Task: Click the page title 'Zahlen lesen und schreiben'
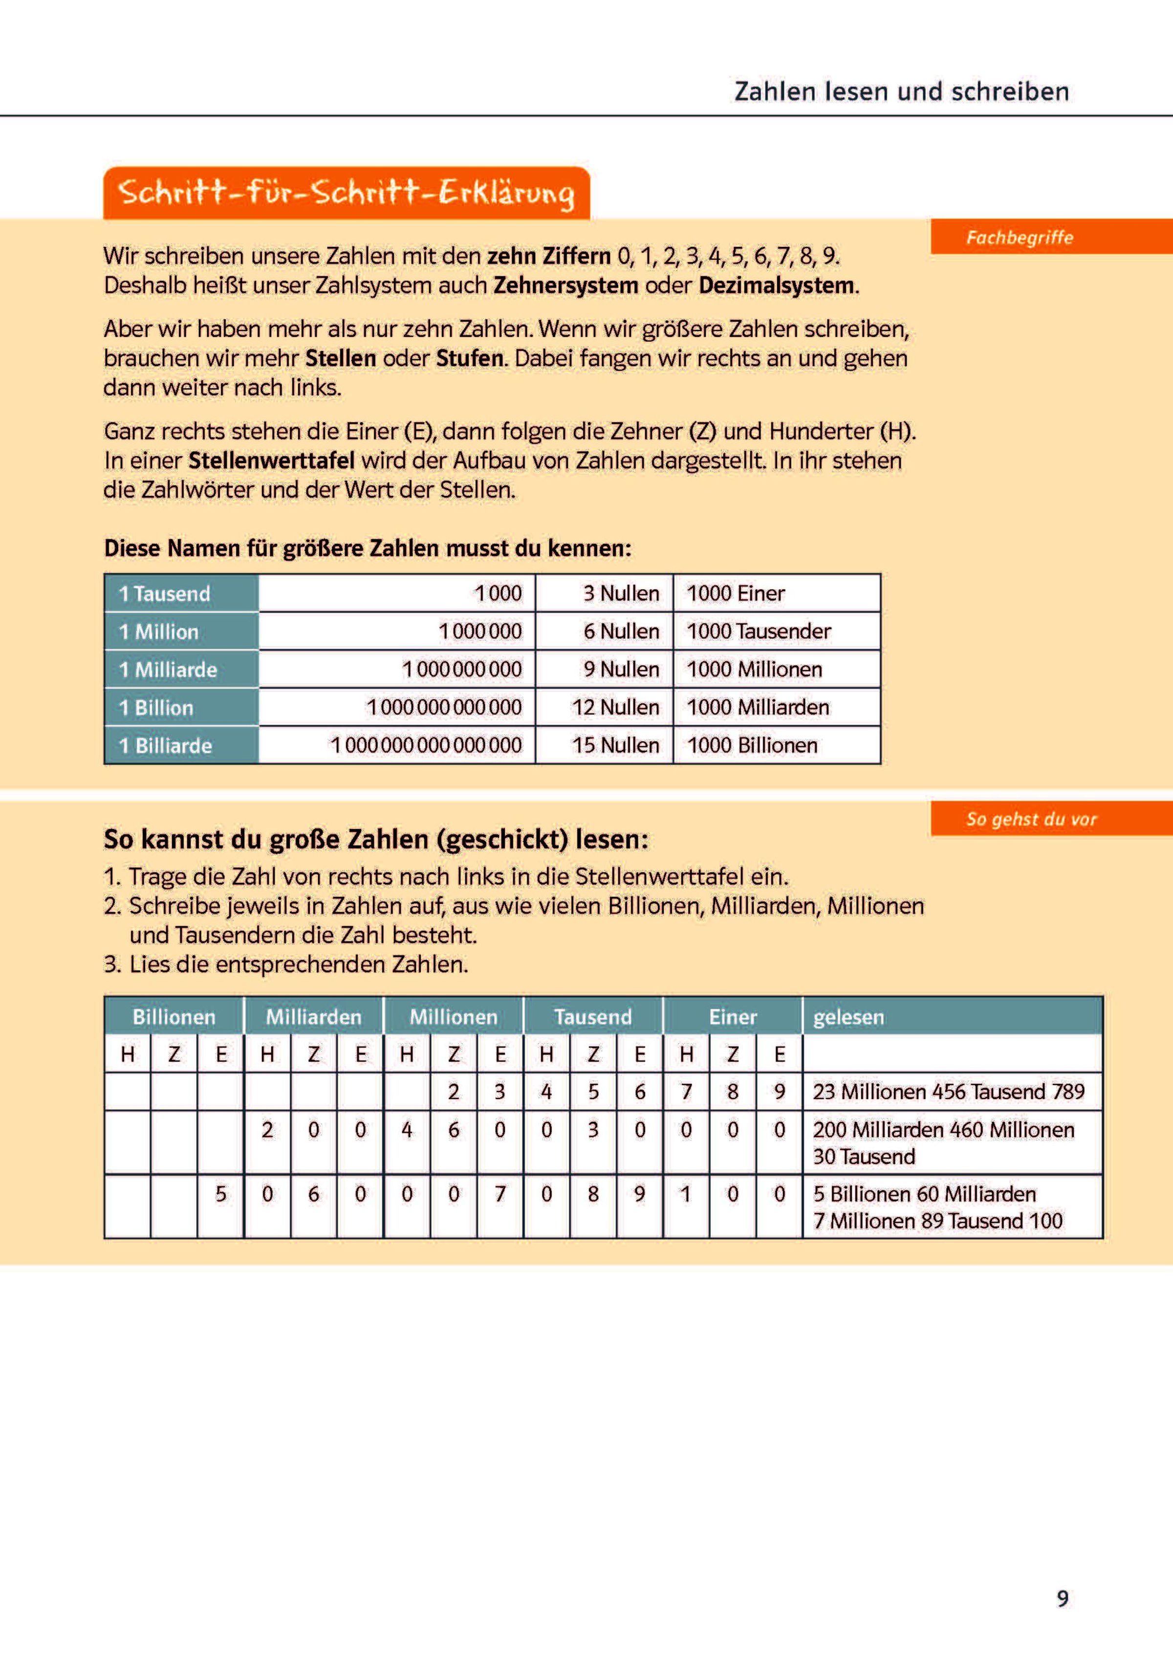pos(901,92)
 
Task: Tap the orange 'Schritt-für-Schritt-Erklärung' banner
pos(347,193)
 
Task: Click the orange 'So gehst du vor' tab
pos(1031,819)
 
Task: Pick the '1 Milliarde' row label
pos(168,669)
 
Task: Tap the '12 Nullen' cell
pos(615,707)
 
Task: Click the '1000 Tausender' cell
pos(759,631)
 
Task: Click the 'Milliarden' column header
pos(313,1017)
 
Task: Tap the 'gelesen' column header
pos(848,1017)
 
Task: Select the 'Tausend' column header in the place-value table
pos(593,1017)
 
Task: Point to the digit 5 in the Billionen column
pos(220,1193)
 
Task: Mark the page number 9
pos(1063,1598)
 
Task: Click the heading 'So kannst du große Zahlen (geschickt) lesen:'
pos(375,839)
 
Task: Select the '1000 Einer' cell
pos(735,593)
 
